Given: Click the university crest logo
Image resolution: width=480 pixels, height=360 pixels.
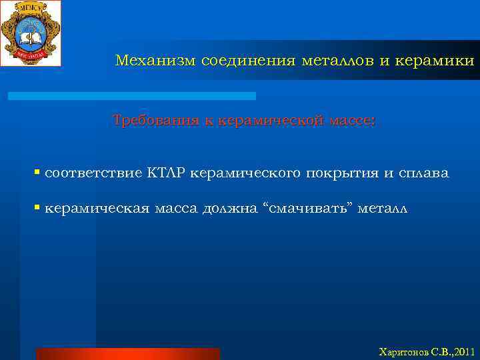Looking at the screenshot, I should pyautogui.click(x=31, y=33).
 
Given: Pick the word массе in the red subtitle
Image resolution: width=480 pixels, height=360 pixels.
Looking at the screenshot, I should pyautogui.click(x=351, y=121).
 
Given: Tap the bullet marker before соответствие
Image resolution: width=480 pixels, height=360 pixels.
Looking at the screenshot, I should pyautogui.click(x=37, y=173).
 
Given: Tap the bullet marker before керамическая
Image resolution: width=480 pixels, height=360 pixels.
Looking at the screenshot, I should pyautogui.click(x=37, y=209).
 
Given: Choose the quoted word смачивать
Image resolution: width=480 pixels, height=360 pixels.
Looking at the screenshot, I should pyautogui.click(x=309, y=209).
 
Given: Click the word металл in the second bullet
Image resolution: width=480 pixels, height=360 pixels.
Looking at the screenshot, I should pyautogui.click(x=381, y=209).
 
